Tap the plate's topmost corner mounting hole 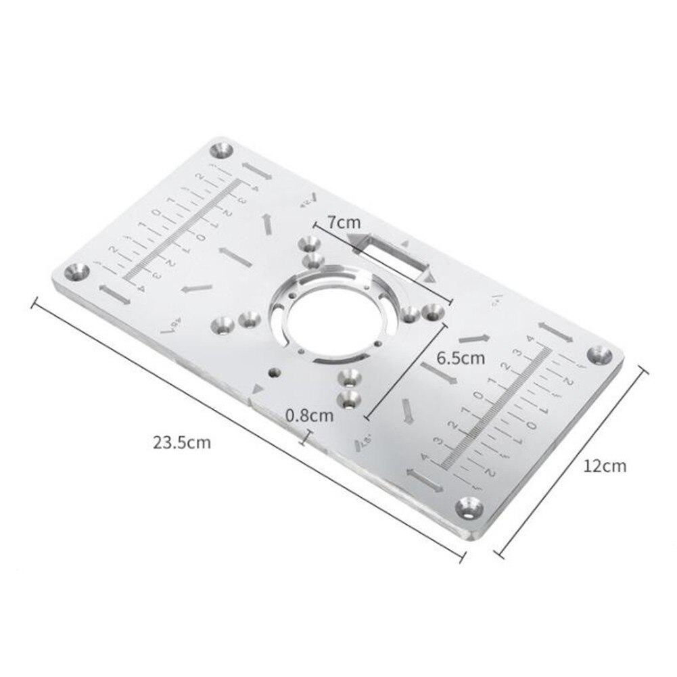[x=222, y=150]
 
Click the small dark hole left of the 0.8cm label [x=274, y=371]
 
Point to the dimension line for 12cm [x=572, y=461]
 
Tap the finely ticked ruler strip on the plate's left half [x=183, y=230]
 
